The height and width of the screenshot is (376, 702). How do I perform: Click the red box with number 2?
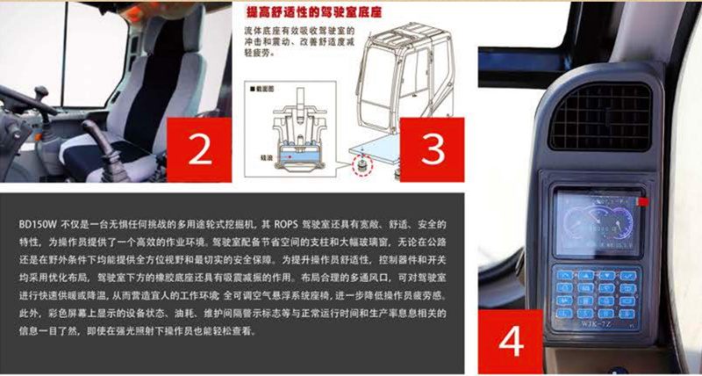tap(199, 148)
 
